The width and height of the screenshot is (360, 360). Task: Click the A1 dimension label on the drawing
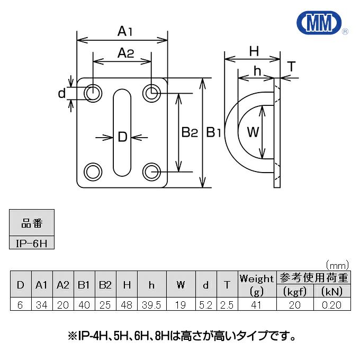(x=124, y=32)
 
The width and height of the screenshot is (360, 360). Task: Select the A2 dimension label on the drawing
(x=125, y=53)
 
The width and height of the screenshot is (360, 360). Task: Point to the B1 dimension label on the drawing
(x=213, y=132)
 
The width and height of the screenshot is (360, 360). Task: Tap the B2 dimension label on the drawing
(x=189, y=132)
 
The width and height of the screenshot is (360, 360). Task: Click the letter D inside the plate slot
(x=122, y=138)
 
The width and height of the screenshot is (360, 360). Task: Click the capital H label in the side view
(x=254, y=51)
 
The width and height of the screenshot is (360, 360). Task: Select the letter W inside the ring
(x=253, y=132)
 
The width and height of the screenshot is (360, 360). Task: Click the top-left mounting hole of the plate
(x=93, y=93)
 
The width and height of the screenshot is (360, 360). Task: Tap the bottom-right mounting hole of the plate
(x=151, y=172)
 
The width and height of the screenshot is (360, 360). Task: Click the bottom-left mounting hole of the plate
(x=93, y=172)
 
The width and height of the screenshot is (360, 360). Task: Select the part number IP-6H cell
(x=31, y=243)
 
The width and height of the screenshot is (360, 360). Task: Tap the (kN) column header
(x=331, y=291)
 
